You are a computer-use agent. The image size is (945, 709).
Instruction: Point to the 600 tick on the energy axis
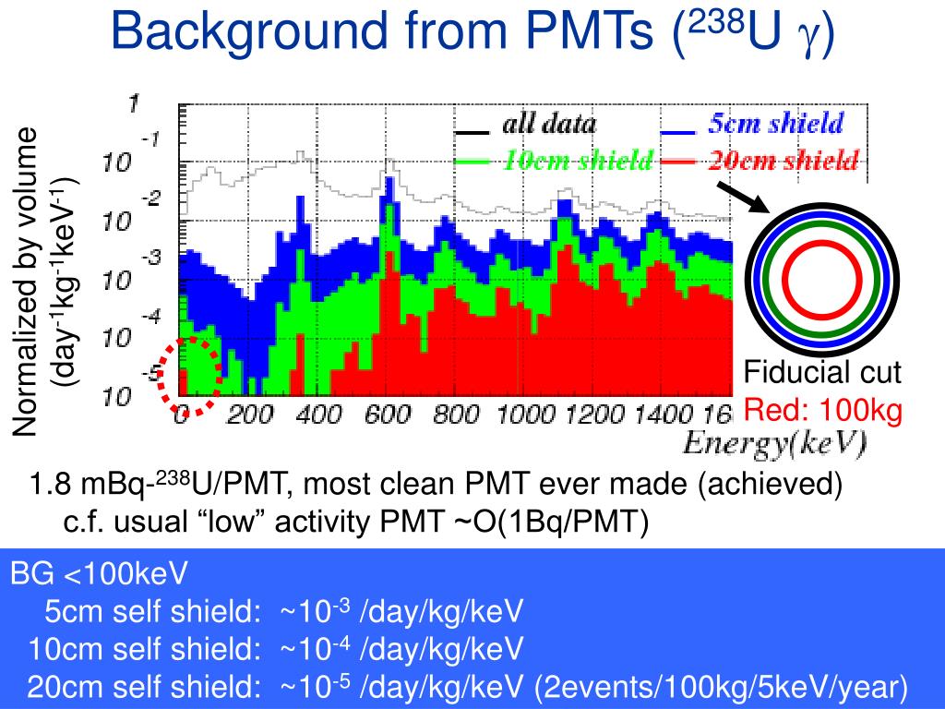tap(387, 415)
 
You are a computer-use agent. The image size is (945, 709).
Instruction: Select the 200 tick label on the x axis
tap(249, 415)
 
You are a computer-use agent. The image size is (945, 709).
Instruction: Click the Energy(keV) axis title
tap(774, 444)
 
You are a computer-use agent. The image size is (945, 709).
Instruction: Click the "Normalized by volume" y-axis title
tap(25, 282)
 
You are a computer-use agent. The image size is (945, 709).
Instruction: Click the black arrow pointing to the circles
tap(743, 198)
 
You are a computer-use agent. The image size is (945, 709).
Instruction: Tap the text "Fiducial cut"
tap(822, 372)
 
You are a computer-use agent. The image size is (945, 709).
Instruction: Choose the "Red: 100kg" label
tap(823, 410)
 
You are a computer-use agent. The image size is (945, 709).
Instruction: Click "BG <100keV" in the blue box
tap(99, 573)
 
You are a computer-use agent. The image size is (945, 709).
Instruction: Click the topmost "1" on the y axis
tap(133, 103)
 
